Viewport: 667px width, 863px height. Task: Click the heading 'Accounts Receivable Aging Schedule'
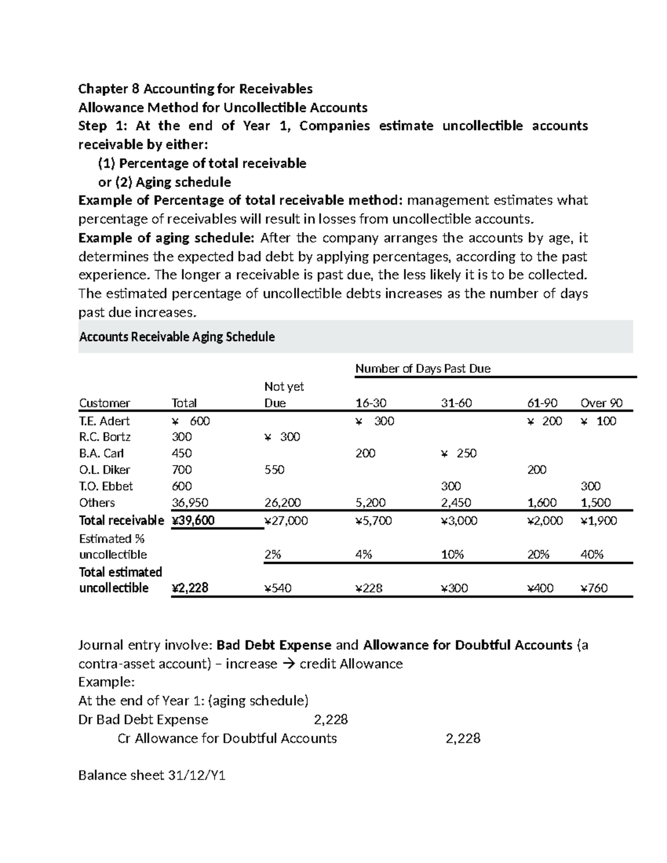click(177, 337)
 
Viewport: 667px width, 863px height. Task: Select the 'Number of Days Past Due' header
click(422, 368)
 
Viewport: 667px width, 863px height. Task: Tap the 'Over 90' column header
click(601, 403)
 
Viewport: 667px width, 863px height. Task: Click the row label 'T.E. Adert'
click(104, 421)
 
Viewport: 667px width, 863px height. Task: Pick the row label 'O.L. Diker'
click(104, 470)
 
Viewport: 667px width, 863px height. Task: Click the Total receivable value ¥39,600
click(193, 521)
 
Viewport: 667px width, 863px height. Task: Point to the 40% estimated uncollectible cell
click(591, 555)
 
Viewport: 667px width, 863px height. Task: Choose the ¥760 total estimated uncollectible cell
click(594, 588)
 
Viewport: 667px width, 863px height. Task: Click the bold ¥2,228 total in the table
click(190, 588)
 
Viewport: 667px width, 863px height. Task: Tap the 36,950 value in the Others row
click(190, 503)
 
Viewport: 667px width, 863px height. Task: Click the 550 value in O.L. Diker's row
click(274, 470)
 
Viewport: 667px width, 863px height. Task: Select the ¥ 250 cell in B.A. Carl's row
click(459, 453)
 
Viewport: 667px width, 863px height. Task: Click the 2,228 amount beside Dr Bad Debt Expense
click(331, 720)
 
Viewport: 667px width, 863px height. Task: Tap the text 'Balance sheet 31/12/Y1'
click(152, 776)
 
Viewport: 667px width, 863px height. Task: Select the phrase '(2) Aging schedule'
click(173, 182)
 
